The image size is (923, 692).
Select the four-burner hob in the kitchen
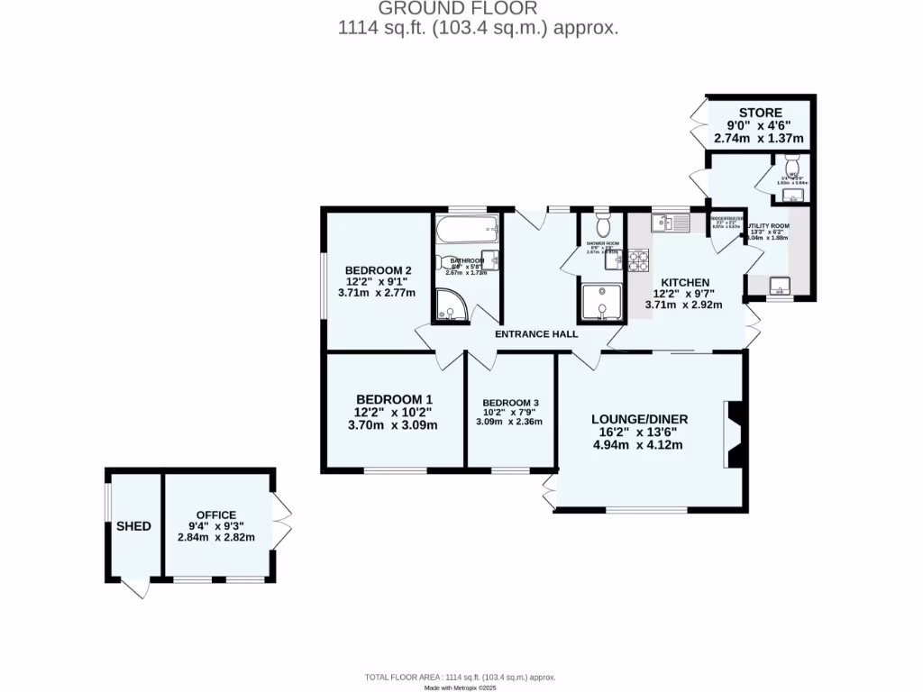[638, 260]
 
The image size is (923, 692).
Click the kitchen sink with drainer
[671, 222]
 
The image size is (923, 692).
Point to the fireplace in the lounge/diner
[734, 435]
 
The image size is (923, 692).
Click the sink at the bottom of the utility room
[779, 287]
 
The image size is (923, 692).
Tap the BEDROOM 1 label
[393, 399]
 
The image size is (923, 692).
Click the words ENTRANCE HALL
[536, 334]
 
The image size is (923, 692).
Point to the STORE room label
[760, 113]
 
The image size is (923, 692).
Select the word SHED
[133, 526]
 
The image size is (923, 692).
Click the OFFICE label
[216, 514]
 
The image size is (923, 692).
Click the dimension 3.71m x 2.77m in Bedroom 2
[377, 293]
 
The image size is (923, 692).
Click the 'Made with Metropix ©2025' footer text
[461, 687]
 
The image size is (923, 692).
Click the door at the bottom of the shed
[135, 587]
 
